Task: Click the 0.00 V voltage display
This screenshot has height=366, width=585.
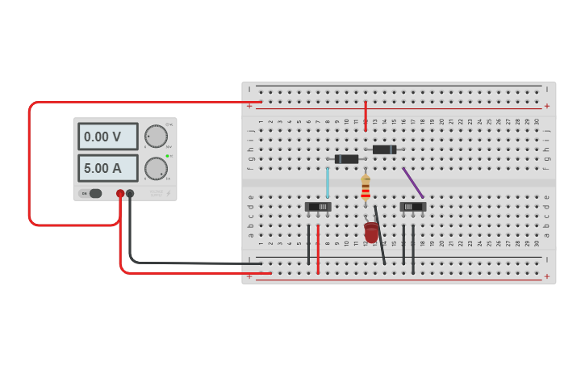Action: pyautogui.click(x=107, y=137)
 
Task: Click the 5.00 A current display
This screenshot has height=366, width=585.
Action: pyautogui.click(x=107, y=168)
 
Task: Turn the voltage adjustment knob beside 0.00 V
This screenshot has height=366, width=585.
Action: pyautogui.click(x=156, y=137)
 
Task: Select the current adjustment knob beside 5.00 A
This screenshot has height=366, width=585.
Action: pyautogui.click(x=156, y=168)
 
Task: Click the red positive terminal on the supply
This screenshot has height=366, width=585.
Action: pyautogui.click(x=120, y=193)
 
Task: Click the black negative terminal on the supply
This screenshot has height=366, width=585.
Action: pyautogui.click(x=130, y=193)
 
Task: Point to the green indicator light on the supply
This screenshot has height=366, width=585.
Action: pyautogui.click(x=167, y=156)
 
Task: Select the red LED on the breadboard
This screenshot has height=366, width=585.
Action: pyautogui.click(x=371, y=233)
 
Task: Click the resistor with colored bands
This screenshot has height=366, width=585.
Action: pyautogui.click(x=366, y=187)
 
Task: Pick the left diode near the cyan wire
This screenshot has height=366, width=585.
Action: pyautogui.click(x=346, y=159)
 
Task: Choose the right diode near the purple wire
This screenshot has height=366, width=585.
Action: pyautogui.click(x=384, y=149)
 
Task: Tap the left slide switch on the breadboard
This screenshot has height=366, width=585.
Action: pyautogui.click(x=318, y=207)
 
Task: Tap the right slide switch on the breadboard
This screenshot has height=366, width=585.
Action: pyautogui.click(x=413, y=207)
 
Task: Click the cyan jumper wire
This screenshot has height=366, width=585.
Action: pyautogui.click(x=328, y=183)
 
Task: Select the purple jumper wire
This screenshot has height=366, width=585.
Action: pyautogui.click(x=413, y=183)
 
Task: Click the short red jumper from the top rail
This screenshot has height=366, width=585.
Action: pyautogui.click(x=366, y=115)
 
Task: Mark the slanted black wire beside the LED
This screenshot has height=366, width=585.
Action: pyautogui.click(x=379, y=234)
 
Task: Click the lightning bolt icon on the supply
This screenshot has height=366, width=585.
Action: pyautogui.click(x=169, y=193)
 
